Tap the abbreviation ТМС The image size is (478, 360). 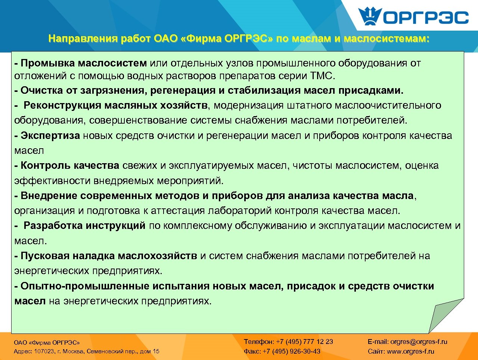[322, 76]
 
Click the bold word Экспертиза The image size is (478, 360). [50, 136]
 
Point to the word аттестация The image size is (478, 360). [178, 211]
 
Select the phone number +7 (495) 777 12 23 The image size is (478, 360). [304, 342]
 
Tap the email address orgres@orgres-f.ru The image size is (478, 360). [418, 342]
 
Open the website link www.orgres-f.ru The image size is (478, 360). [410, 351]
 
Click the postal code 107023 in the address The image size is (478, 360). [44, 351]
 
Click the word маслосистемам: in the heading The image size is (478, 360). [387, 39]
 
